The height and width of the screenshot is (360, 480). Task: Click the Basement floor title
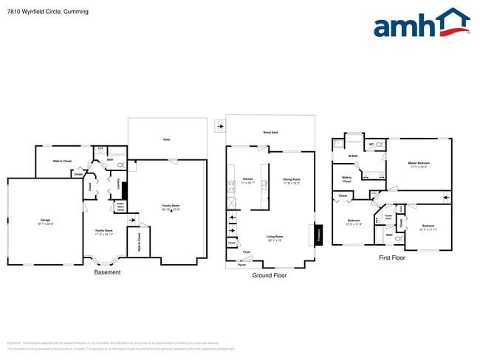[x=107, y=272]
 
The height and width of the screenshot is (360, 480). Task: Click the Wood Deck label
[x=270, y=133]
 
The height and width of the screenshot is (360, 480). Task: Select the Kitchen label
[x=248, y=179]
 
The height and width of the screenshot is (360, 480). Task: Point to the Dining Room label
[x=292, y=179]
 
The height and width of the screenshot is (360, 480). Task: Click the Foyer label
[x=247, y=252]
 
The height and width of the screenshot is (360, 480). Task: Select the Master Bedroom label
[x=418, y=163]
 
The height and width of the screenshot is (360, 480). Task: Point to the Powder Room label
[x=388, y=217]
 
